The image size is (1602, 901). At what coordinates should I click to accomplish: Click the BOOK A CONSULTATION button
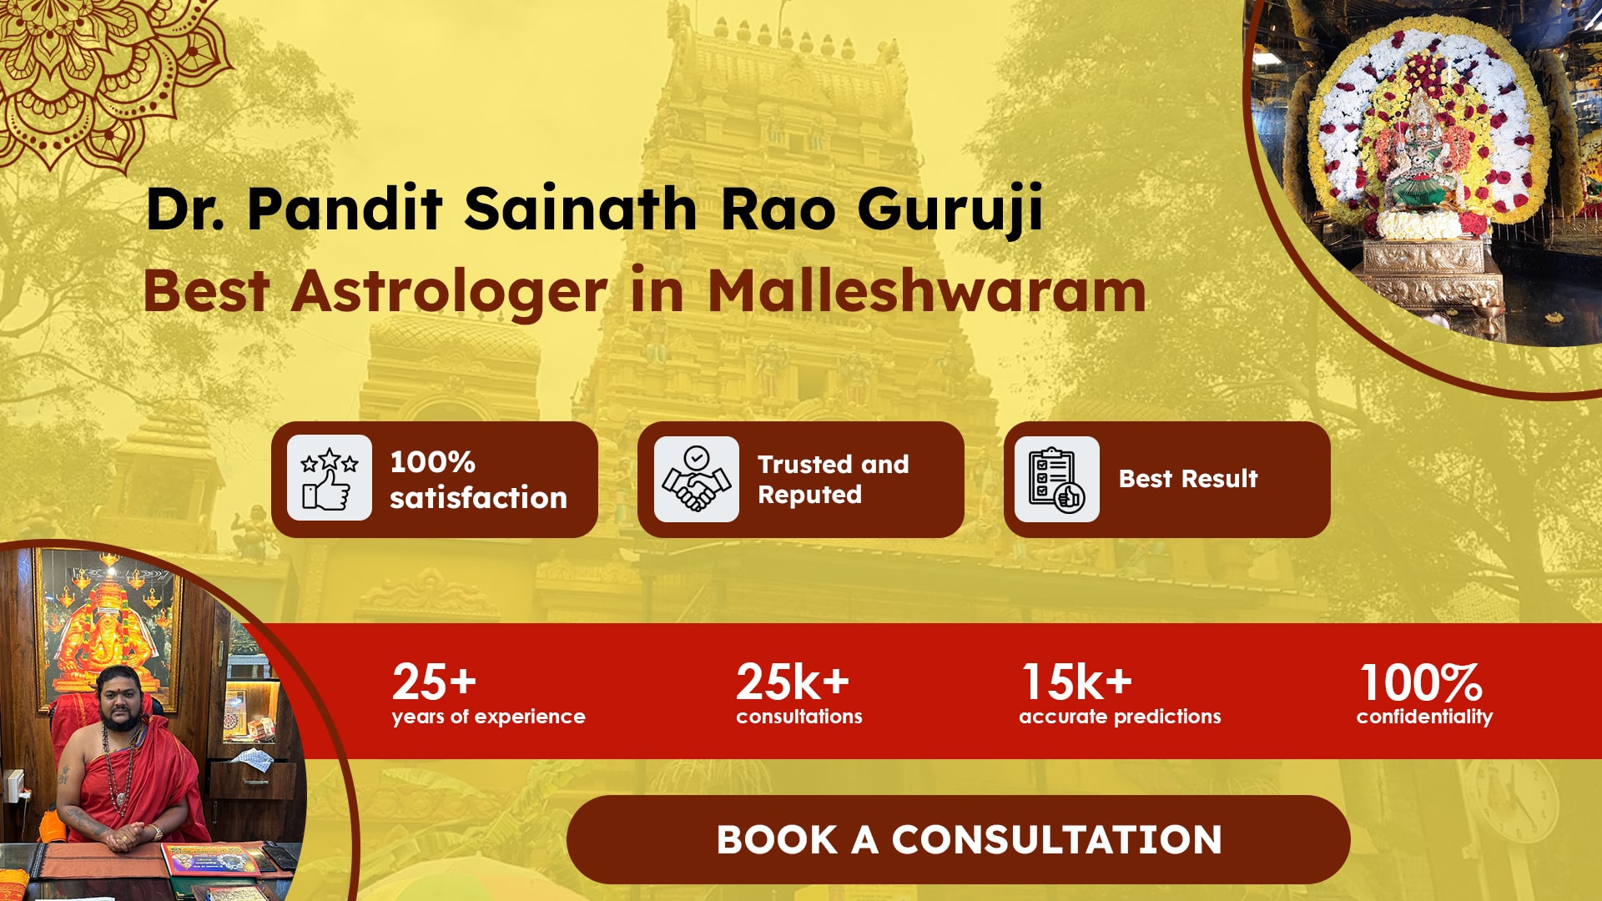pos(958,839)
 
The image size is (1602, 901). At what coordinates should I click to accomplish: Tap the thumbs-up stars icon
pos(330,478)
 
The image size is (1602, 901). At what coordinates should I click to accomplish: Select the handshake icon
pos(696,479)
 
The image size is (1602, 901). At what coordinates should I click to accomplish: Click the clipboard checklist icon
pos(1056,479)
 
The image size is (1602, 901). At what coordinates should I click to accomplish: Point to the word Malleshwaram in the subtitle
pos(927,291)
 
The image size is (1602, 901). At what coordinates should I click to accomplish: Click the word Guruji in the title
pos(950,209)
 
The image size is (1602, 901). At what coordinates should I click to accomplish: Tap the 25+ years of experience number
pos(434,682)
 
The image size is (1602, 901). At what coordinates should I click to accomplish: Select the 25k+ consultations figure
pos(793,682)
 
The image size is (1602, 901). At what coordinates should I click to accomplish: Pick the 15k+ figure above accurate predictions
pos(1077,682)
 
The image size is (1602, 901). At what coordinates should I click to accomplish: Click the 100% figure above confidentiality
pos(1421,682)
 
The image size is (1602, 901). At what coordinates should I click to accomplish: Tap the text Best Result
pos(1188,479)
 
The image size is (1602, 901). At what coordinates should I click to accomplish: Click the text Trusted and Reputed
pos(834,479)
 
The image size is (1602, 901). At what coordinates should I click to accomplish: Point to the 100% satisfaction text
pos(478,479)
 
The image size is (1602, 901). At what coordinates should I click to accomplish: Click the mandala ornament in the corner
pos(104,71)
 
